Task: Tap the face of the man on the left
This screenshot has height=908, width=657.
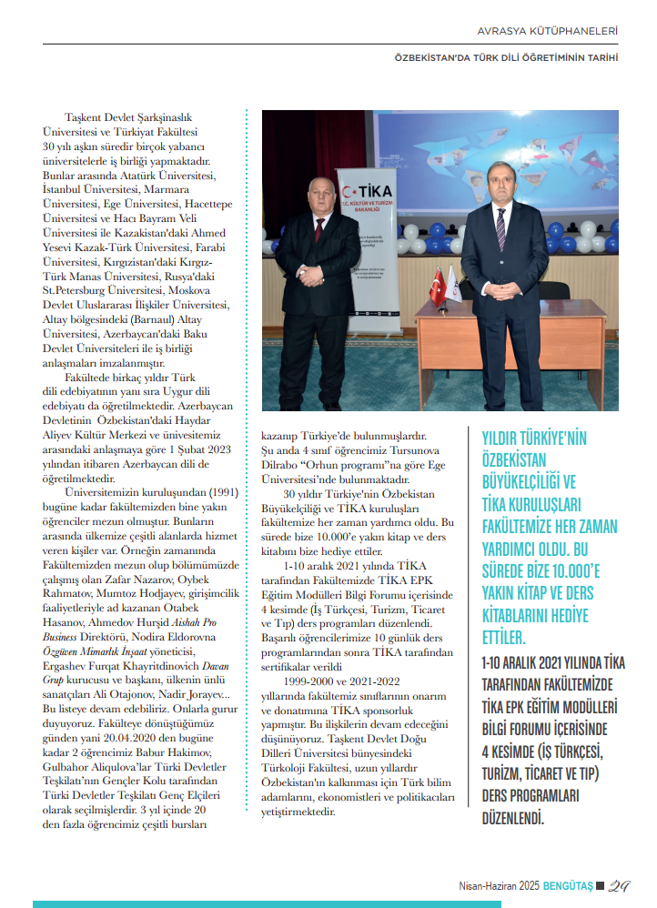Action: [315, 195]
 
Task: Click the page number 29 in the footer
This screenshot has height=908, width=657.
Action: [619, 883]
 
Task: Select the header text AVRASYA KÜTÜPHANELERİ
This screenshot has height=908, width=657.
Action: [549, 32]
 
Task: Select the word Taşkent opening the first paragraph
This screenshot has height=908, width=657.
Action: [84, 118]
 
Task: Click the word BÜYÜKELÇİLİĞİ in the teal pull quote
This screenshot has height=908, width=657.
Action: [529, 481]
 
